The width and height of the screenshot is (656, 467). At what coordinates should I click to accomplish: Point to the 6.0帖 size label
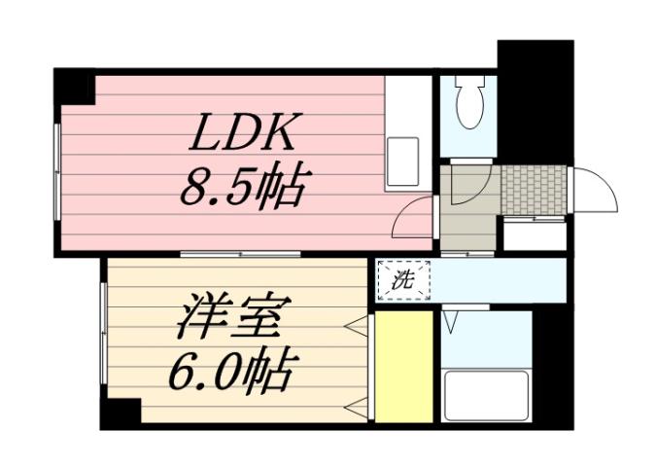[x=233, y=370]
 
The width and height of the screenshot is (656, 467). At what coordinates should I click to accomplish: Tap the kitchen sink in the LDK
[x=403, y=161]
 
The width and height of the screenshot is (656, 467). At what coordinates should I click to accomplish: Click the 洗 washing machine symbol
[x=401, y=280]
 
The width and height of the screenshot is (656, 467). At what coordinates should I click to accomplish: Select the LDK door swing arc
[x=411, y=216]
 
